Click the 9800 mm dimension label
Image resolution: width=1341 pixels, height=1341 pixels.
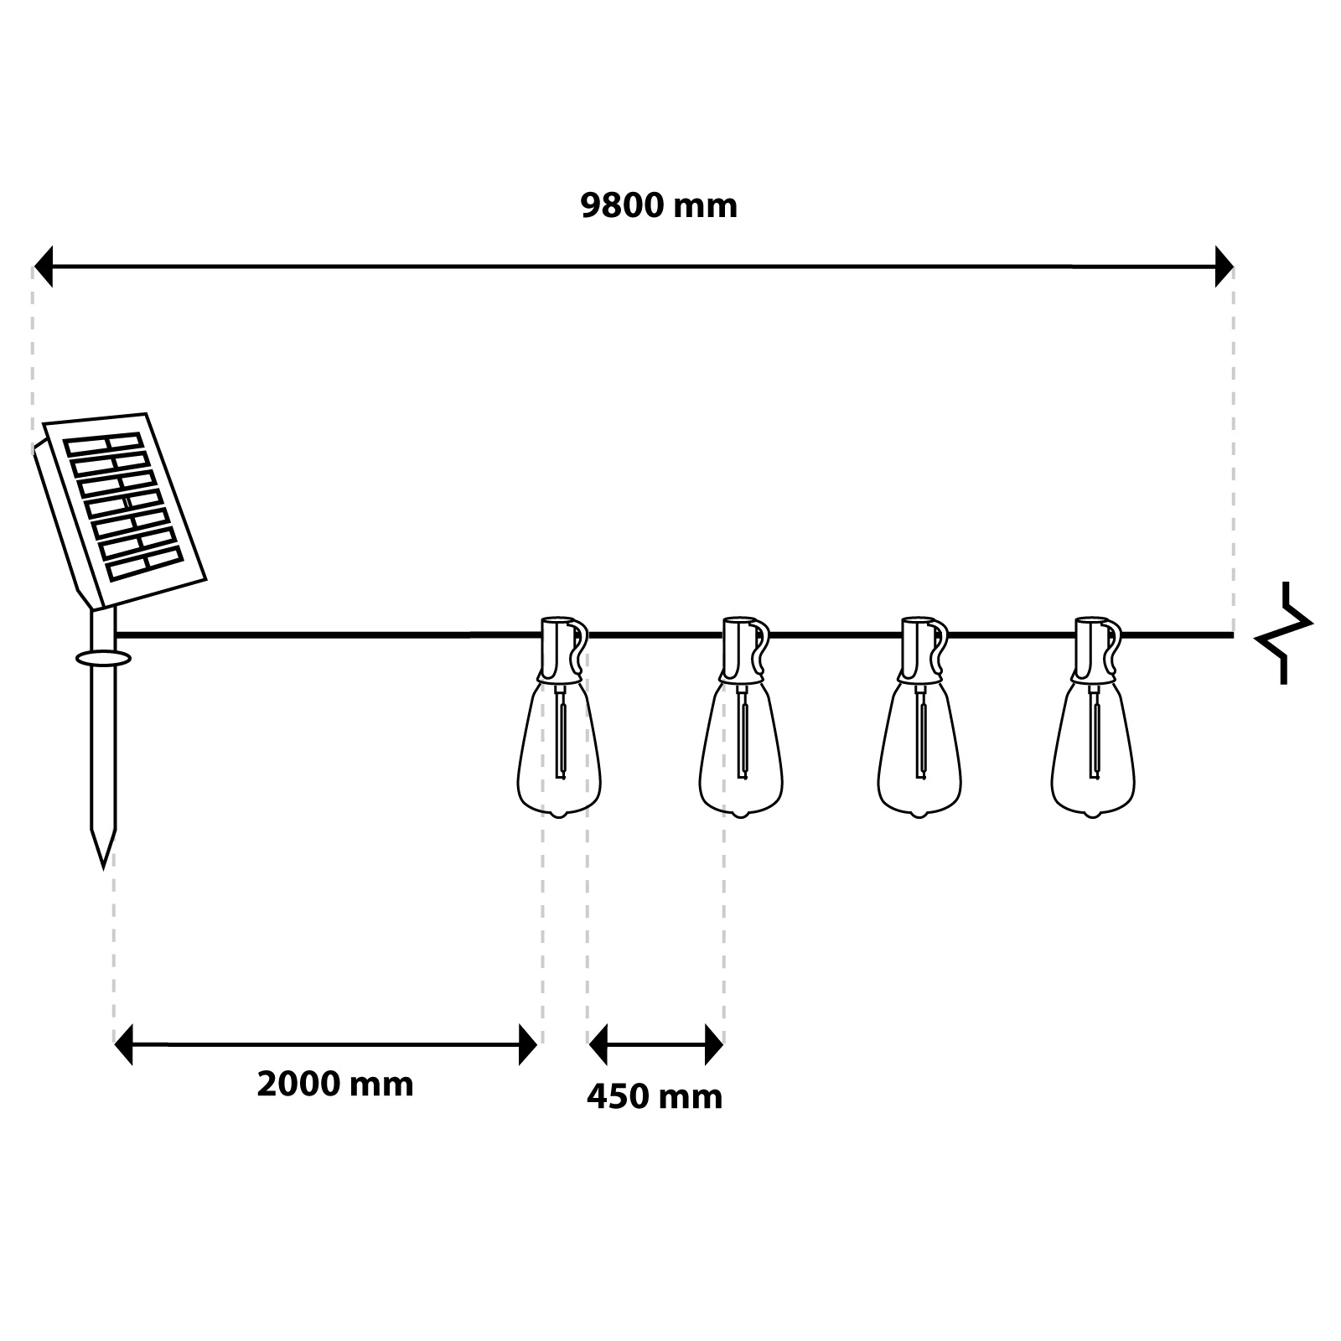pos(659,206)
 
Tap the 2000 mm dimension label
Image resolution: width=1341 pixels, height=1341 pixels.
pos(335,1085)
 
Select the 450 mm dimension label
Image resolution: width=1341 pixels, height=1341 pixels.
pos(655,1097)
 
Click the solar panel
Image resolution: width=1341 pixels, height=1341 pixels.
pos(120,511)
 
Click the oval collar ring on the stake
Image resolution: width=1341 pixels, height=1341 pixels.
pos(103,658)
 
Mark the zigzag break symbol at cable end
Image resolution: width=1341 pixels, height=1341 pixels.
pos(1284,633)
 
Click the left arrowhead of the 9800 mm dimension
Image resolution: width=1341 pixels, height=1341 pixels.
pos(43,267)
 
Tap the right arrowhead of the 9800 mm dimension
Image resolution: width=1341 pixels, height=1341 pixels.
pos(1225,267)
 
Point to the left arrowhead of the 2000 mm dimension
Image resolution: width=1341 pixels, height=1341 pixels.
pos(123,1044)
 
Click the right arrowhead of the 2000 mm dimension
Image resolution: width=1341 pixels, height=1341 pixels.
pos(528,1044)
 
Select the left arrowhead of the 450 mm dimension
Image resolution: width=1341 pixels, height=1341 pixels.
pos(598,1044)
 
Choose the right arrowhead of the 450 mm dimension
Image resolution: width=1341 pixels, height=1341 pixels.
pos(714,1044)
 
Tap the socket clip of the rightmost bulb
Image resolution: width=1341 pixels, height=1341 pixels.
pos(1096,650)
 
